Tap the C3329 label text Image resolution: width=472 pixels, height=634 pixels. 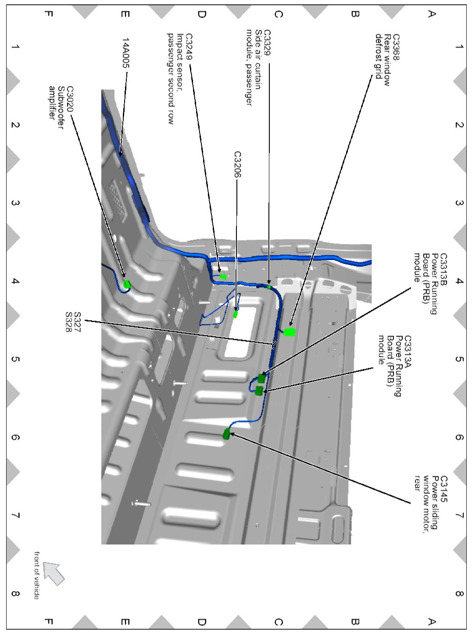tap(267, 43)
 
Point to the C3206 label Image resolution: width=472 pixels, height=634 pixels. tap(237, 164)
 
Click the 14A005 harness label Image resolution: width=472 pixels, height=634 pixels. tap(126, 53)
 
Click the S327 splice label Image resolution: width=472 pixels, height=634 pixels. tap(77, 322)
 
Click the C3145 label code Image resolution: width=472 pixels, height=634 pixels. tap(443, 489)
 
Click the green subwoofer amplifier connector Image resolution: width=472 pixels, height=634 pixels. tap(127, 284)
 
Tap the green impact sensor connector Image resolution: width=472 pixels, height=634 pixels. tap(223, 277)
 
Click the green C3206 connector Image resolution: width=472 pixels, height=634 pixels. tap(236, 314)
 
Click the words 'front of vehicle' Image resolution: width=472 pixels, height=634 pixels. tap(37, 575)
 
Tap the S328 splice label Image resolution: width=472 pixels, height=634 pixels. tap(68, 322)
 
